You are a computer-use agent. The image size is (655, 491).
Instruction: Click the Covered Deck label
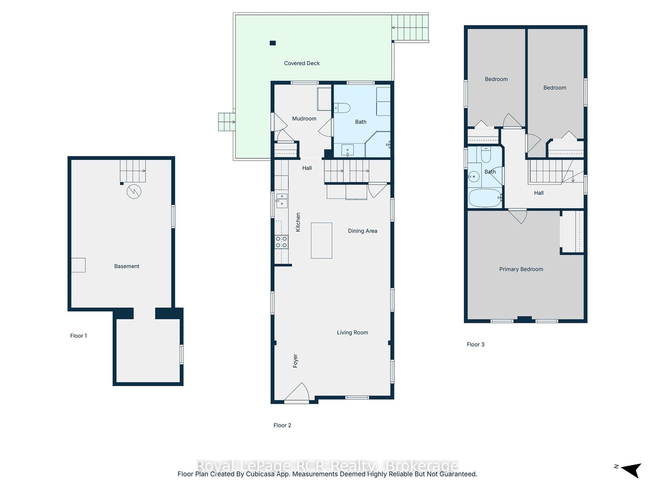pos(302,63)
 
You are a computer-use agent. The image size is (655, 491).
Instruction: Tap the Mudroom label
pos(304,119)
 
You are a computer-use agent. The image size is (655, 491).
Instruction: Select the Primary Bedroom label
pos(521,269)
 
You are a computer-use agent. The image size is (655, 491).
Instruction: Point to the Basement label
pos(126,266)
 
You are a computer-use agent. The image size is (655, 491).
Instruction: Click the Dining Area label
pos(362,231)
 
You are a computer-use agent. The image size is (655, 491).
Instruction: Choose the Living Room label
pos(352,332)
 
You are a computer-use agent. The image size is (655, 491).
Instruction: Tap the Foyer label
pos(295,361)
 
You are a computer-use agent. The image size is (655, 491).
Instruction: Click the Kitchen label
pos(298,222)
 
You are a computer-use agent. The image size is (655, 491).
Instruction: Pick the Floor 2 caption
pos(282,425)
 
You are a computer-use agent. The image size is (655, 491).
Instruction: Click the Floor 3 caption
pos(475,345)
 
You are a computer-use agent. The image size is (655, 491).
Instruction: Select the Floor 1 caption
pos(79,336)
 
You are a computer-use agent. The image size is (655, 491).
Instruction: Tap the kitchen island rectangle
pos(321,240)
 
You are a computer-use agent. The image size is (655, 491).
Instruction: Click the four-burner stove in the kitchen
pos(281,242)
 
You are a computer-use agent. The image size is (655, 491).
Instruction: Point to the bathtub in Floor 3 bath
pos(485,198)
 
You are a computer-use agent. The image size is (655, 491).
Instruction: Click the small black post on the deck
pos(273,43)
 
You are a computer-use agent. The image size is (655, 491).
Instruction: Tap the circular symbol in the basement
pos(134,191)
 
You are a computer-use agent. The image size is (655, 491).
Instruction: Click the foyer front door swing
pos(296,392)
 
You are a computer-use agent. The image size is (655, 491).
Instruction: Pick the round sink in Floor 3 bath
pos(474,176)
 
